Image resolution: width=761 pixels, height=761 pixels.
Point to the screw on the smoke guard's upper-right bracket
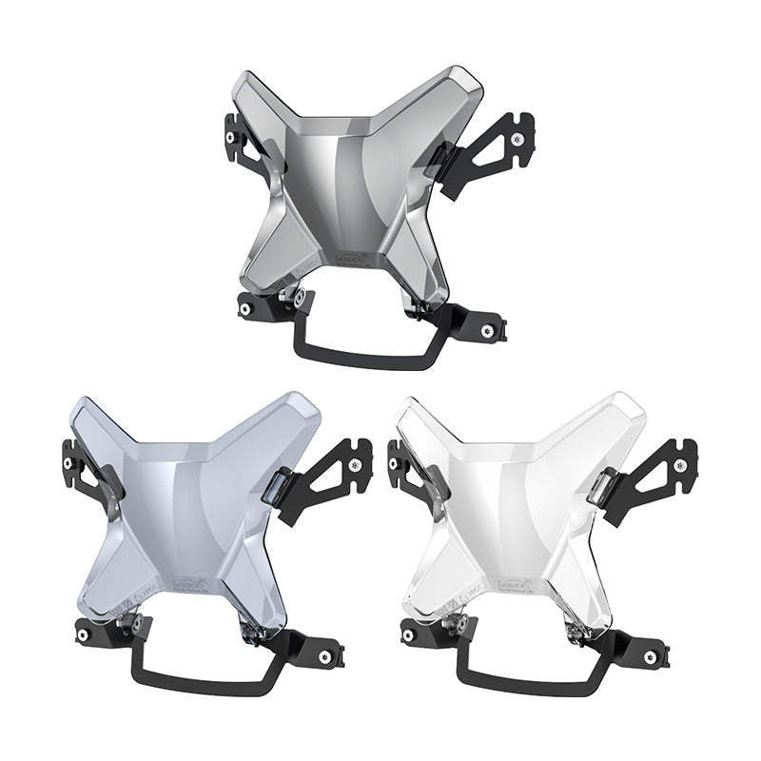[x=516, y=139]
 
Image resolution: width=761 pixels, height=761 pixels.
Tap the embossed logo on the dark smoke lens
[x=352, y=258]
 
